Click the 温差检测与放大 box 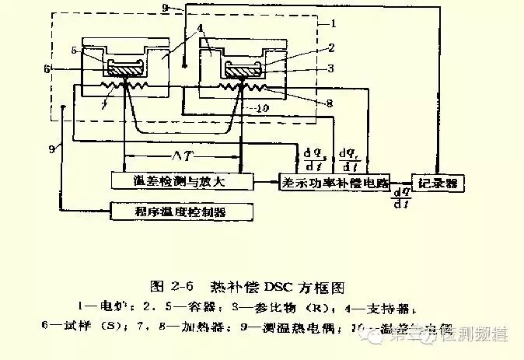183,181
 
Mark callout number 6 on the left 48,69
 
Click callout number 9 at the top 164,7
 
